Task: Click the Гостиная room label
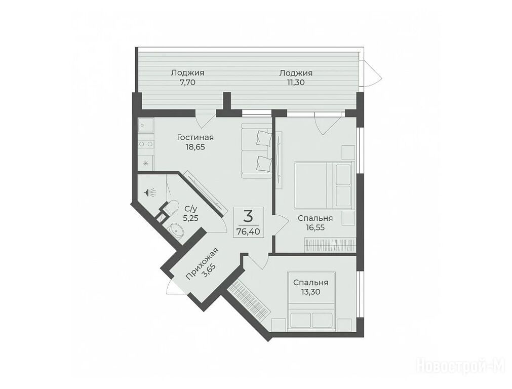(195, 137)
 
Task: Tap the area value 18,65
(195, 147)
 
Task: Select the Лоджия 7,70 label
(187, 77)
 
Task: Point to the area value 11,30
(296, 82)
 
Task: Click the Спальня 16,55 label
(315, 223)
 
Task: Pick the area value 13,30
(310, 292)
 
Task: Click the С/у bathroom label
(191, 208)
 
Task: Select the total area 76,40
(248, 231)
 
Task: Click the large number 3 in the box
(248, 216)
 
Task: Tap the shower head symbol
(150, 192)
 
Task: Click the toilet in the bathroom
(170, 208)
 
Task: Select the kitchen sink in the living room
(145, 126)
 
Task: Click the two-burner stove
(145, 144)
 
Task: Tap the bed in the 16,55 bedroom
(324, 185)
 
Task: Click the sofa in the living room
(257, 150)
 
